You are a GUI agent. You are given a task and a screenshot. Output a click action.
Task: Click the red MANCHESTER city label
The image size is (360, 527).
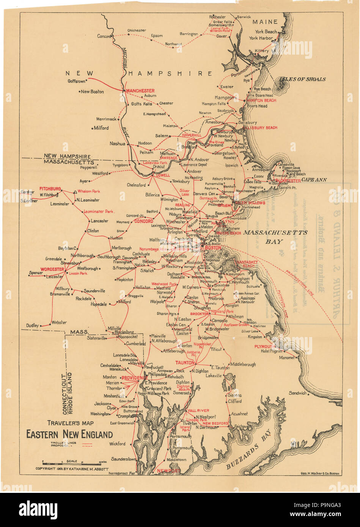pyautogui.click(x=140, y=91)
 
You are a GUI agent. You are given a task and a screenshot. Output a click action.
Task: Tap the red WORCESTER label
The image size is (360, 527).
pyautogui.click(x=52, y=269)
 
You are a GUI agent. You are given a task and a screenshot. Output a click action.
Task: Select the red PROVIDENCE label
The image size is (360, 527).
pyautogui.click(x=134, y=378)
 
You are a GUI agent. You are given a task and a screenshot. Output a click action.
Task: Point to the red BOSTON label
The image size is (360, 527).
pyautogui.click(x=213, y=248)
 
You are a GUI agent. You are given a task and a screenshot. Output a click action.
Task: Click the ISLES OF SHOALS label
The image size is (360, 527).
pyautogui.click(x=302, y=79)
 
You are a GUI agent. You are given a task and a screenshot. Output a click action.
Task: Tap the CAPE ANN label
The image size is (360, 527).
pyautogui.click(x=314, y=180)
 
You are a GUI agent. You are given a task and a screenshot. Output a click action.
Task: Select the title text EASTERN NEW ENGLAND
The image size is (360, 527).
pyautogui.click(x=69, y=434)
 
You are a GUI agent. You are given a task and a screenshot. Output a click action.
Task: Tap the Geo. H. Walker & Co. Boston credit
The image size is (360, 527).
pyautogui.click(x=320, y=474)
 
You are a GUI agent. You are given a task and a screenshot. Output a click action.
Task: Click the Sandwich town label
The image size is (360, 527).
pyautogui.click(x=297, y=393)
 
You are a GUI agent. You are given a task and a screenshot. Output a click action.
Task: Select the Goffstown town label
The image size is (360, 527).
pyautogui.click(x=76, y=81)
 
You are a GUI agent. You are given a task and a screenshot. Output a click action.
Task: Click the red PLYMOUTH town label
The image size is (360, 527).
pyautogui.click(x=264, y=347)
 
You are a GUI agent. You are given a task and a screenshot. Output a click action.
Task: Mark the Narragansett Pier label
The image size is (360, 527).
pyautogui.click(x=122, y=474)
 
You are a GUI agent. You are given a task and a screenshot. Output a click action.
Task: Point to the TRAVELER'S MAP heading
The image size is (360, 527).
pyautogui.click(x=70, y=423)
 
